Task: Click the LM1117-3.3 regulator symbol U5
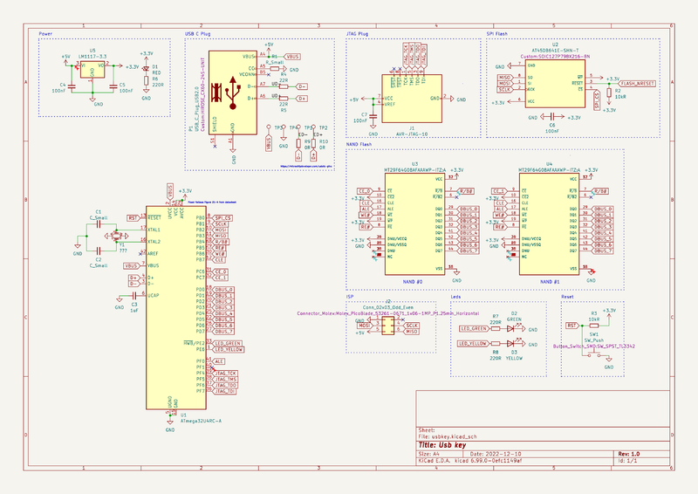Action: click(92, 69)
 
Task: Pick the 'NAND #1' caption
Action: click(551, 281)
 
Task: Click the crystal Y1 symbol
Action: click(113, 236)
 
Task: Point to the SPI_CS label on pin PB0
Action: click(222, 217)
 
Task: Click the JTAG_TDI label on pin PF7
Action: click(225, 392)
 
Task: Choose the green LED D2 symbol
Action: click(515, 329)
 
